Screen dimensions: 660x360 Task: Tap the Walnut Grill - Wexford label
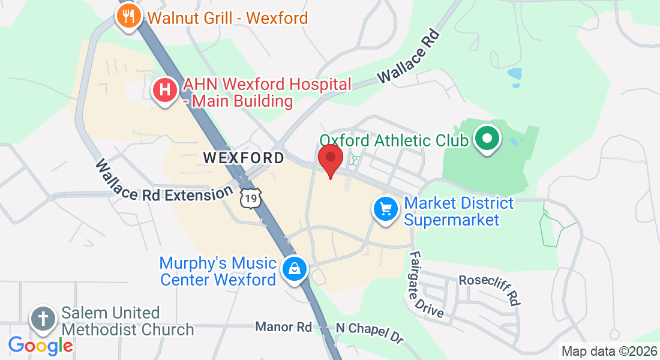[x=228, y=17]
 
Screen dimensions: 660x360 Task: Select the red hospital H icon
[x=166, y=91]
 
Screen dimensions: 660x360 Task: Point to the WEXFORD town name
[x=244, y=158]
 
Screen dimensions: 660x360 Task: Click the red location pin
[x=331, y=161]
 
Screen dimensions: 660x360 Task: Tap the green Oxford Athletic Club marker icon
[x=487, y=139]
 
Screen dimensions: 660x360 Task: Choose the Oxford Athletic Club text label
[x=394, y=140]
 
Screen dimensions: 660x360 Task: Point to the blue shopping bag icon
[x=295, y=268]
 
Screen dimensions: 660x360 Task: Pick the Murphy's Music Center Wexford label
[x=218, y=271]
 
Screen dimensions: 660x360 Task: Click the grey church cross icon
[x=44, y=318]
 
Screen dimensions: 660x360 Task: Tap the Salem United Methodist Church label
[x=128, y=321]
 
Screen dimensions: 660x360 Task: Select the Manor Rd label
[x=283, y=327]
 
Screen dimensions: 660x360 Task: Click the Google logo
[x=40, y=345]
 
